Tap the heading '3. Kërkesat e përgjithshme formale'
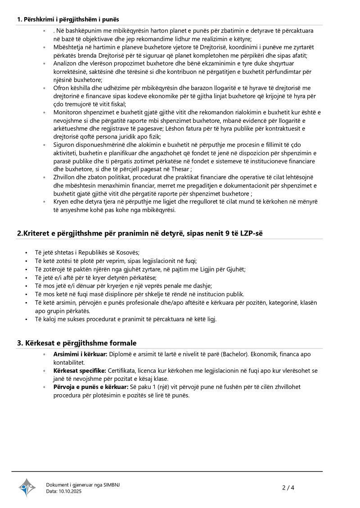pos(76,343)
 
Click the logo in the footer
pos(27,487)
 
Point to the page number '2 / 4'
pos(288,487)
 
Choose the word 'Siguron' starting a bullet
pos(65,145)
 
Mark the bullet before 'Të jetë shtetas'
pos(27,253)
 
